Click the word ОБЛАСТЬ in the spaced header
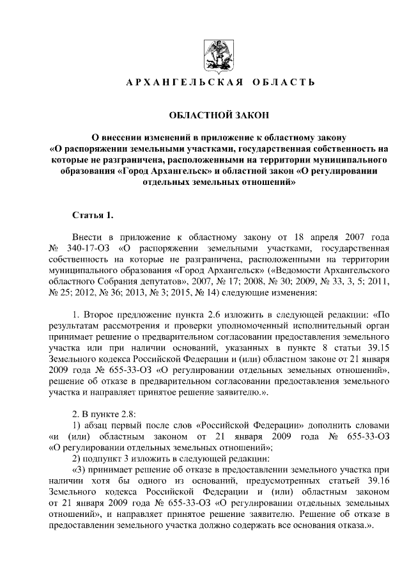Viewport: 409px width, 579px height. [283, 83]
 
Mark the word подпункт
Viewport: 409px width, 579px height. [105, 459]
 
